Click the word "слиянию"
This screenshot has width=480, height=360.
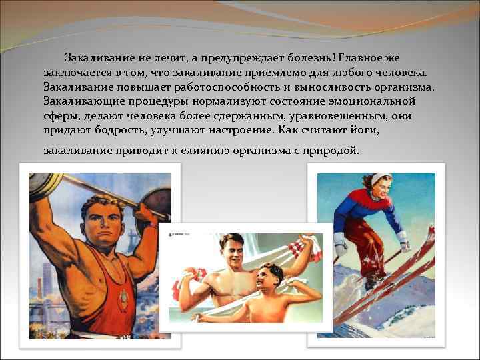(217, 151)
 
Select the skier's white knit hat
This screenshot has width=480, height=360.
(380, 178)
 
